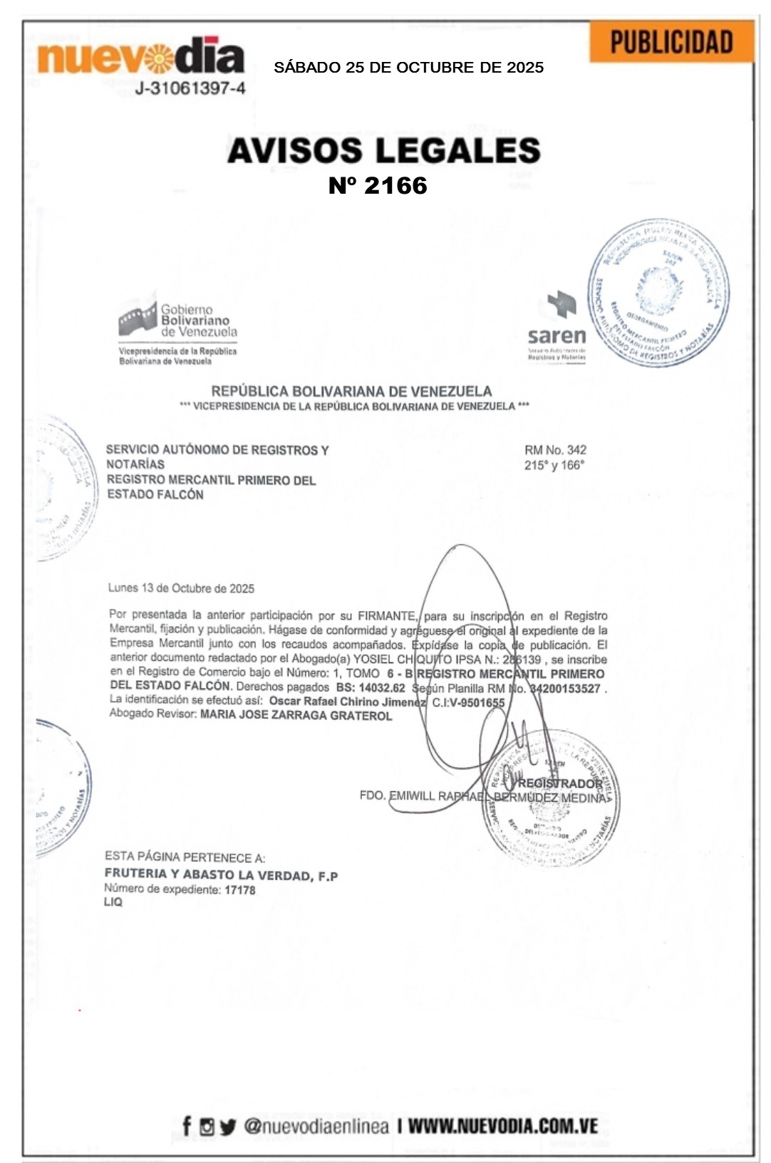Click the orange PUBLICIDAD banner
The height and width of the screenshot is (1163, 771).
671,42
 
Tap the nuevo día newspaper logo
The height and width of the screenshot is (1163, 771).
140,56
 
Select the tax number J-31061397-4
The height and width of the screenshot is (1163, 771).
190,88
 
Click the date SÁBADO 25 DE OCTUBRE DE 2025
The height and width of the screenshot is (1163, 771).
408,68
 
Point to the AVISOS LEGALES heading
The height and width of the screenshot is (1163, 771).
384,150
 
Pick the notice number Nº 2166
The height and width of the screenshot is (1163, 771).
378,185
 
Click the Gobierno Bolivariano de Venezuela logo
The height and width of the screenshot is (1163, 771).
177,328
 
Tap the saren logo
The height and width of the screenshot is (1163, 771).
557,328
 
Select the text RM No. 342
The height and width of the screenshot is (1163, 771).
555,449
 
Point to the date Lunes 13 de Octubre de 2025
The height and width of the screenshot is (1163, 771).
181,588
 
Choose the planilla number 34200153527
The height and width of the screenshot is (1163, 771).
565,689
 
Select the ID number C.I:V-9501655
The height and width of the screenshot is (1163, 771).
468,702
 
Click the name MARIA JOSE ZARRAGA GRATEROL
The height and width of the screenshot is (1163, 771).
296,715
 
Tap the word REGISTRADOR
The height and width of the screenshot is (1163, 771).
560,783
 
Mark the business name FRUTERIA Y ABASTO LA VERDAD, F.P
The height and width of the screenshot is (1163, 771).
221,875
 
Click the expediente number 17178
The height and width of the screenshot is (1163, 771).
240,890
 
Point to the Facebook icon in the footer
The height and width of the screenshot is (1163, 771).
187,1126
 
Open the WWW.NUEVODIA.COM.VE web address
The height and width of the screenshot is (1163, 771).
502,1126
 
